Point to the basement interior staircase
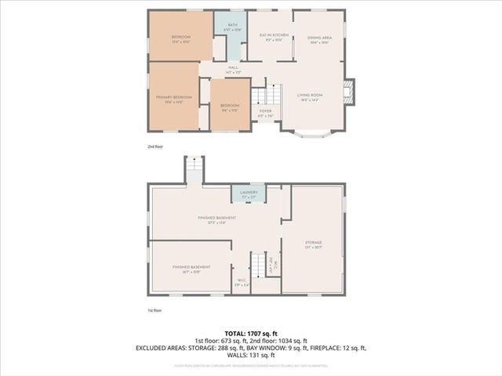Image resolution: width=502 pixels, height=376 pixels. pos(257,264)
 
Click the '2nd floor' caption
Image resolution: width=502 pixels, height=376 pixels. pos(156,146)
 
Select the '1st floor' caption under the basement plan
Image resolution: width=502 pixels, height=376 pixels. pos(156,310)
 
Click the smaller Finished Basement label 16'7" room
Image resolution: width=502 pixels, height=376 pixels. pos(191,269)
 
